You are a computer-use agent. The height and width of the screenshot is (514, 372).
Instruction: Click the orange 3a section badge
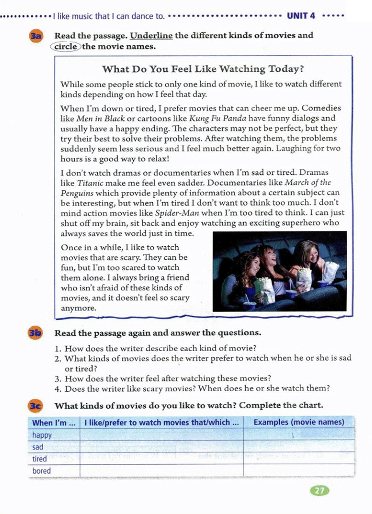coord(36,36)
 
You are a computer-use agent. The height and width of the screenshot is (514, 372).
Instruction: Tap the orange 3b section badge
coord(35,333)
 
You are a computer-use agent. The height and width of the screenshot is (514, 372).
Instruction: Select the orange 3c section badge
coord(35,406)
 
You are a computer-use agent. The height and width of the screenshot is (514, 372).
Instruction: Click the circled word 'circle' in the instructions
coord(66,46)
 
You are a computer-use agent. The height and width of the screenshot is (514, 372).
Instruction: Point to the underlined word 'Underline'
coord(151,36)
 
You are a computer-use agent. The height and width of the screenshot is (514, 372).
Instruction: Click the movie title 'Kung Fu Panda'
coord(218,118)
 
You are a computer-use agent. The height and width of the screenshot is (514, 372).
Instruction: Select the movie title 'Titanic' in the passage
coord(90,183)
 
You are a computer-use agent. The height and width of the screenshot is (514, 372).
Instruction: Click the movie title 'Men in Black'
coord(101,118)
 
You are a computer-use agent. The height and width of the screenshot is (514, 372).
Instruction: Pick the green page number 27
coord(319,491)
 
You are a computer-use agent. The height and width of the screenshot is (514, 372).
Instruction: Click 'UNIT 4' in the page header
coord(301,16)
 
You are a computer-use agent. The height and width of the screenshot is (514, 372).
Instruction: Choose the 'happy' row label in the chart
coord(42,435)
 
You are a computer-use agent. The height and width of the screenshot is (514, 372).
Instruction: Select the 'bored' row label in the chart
coord(41,471)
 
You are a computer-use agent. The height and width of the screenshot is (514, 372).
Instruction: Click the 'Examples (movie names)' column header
coord(299,422)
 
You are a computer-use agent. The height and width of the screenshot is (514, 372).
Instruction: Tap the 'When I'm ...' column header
coord(54,423)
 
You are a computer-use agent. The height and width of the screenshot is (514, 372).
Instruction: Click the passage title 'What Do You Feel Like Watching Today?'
coord(203,69)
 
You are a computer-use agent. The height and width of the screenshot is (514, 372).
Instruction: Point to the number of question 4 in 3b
coord(58,389)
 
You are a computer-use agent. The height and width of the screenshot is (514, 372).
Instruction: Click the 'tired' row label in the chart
coord(40,459)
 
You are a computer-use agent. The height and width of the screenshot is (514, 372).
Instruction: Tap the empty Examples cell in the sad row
coord(299,447)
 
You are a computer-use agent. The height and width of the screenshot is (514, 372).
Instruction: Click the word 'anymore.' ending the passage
coord(78,308)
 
